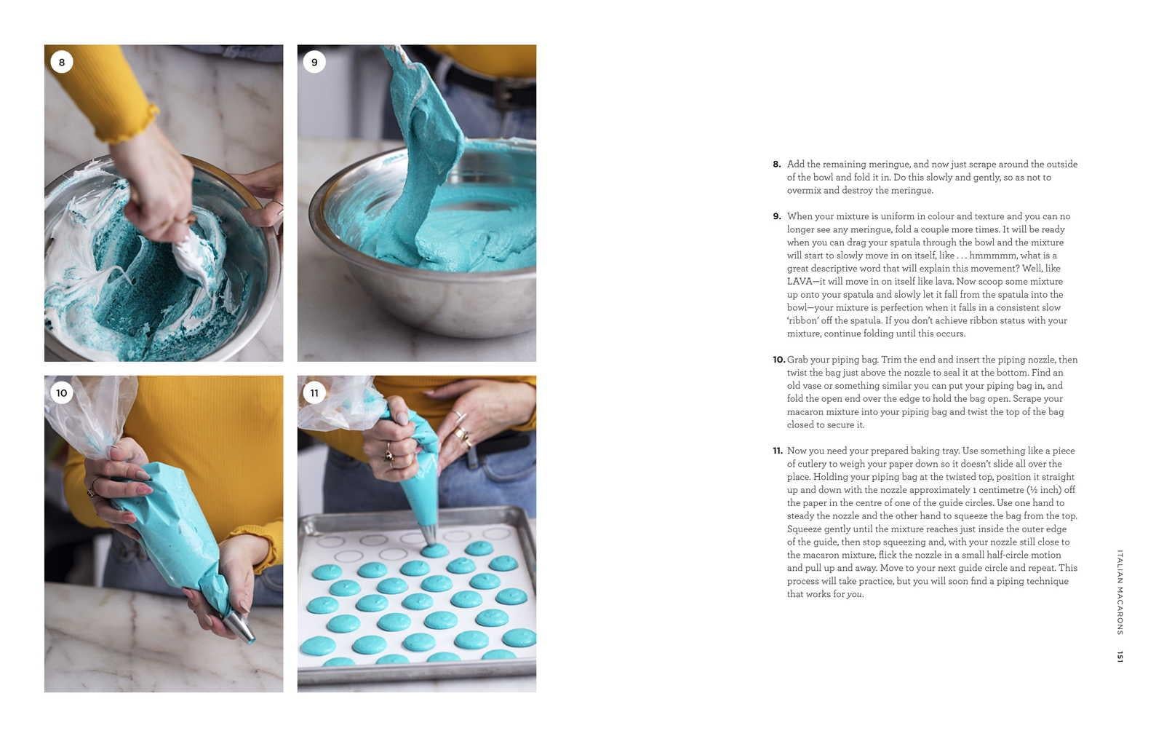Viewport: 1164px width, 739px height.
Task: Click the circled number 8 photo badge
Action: [x=62, y=62]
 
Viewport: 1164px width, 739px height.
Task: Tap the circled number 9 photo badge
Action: [x=314, y=62]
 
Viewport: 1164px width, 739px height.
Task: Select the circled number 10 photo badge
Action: [x=62, y=392]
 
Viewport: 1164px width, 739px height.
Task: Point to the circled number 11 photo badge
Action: [x=314, y=392]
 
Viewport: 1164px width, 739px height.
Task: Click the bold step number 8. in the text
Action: [x=777, y=165]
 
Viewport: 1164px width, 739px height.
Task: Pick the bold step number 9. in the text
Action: [x=777, y=216]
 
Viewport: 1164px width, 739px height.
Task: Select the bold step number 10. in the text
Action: [x=778, y=360]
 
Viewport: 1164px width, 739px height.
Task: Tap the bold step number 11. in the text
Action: [x=778, y=451]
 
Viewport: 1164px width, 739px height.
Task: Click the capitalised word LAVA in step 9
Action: [x=800, y=281]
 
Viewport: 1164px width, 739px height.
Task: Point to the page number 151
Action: [x=1120, y=656]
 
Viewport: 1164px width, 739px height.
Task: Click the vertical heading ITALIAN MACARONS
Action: [x=1120, y=592]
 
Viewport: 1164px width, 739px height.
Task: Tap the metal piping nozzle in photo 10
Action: [x=239, y=627]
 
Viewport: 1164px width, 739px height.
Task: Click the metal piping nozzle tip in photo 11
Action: [x=429, y=535]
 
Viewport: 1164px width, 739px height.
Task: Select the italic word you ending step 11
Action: [x=854, y=594]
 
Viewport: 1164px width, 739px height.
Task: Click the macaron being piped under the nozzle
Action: [x=434, y=550]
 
